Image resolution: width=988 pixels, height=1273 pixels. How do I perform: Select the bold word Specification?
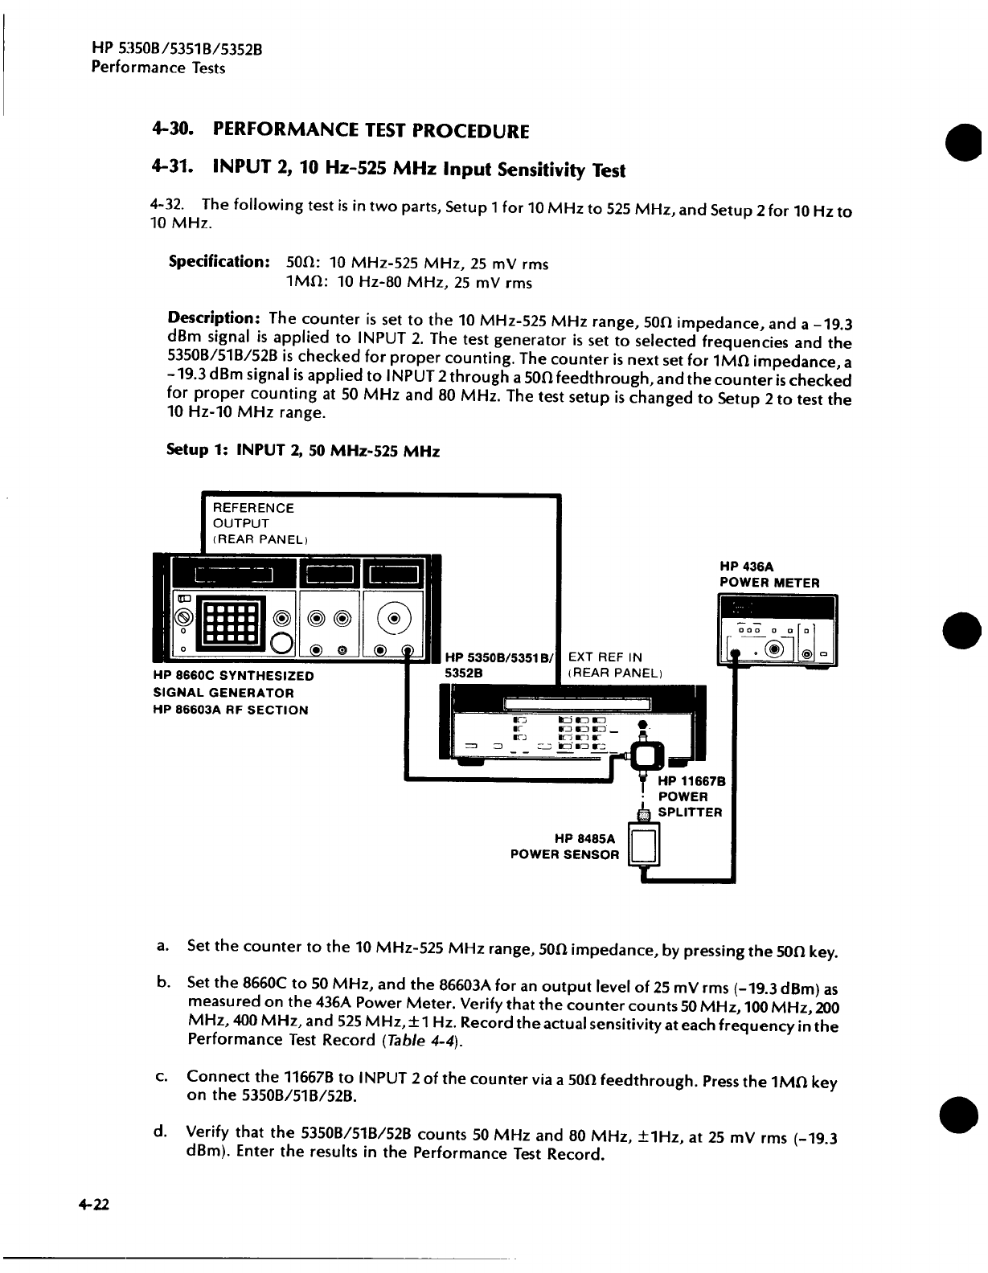[x=218, y=262]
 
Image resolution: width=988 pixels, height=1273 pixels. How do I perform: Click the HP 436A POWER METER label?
[x=769, y=575]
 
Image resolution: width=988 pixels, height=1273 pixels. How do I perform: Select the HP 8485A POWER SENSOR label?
[x=565, y=846]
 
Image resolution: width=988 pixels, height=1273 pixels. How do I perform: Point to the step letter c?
[x=161, y=1075]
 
